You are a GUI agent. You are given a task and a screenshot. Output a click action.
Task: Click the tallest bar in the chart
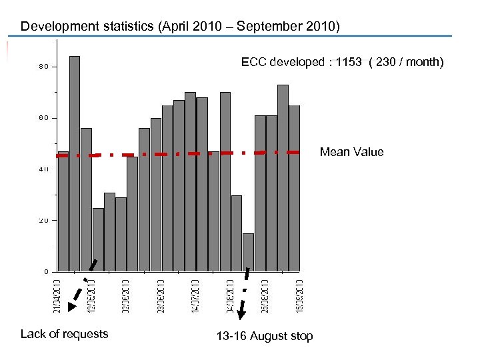(75, 163)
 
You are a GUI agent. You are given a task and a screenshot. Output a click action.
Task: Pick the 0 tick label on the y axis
(46, 271)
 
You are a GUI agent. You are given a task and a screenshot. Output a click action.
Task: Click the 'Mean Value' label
(351, 152)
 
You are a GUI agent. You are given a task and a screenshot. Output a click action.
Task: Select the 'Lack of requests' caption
(64, 334)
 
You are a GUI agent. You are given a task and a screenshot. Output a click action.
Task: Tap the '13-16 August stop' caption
(264, 336)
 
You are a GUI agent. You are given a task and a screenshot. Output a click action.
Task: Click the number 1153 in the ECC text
(348, 62)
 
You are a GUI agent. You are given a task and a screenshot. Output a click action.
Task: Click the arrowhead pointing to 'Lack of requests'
(73, 307)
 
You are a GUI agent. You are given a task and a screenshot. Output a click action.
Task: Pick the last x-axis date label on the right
(301, 295)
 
